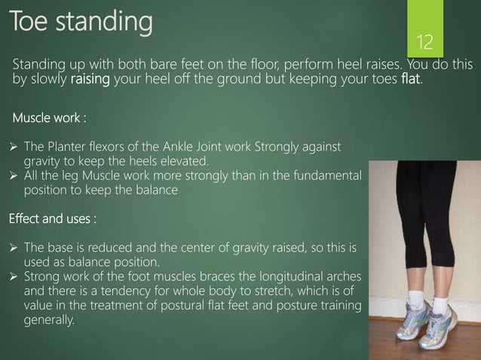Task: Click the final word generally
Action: coord(50,320)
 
